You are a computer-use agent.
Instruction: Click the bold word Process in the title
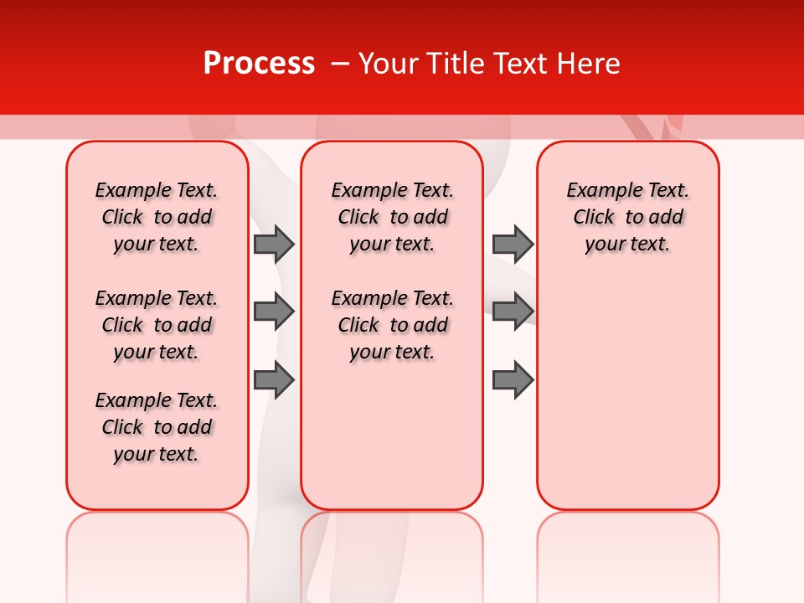259,64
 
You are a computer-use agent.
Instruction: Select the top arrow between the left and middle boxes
273,244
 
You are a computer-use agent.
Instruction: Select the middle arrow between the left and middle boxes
273,312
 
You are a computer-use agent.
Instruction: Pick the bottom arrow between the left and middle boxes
273,380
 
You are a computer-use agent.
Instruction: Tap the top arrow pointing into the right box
513,244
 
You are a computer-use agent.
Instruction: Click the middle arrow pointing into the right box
513,312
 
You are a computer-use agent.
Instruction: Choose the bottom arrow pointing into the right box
513,380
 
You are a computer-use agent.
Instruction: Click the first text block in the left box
157,217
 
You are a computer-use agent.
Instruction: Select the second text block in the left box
157,325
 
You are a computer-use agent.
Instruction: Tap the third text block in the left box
157,427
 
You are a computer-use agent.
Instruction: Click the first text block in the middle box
392,217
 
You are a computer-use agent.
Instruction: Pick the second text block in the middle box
392,325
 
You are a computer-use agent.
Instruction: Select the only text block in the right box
627,217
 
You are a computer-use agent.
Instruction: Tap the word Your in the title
386,64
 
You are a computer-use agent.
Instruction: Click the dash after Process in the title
340,64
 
